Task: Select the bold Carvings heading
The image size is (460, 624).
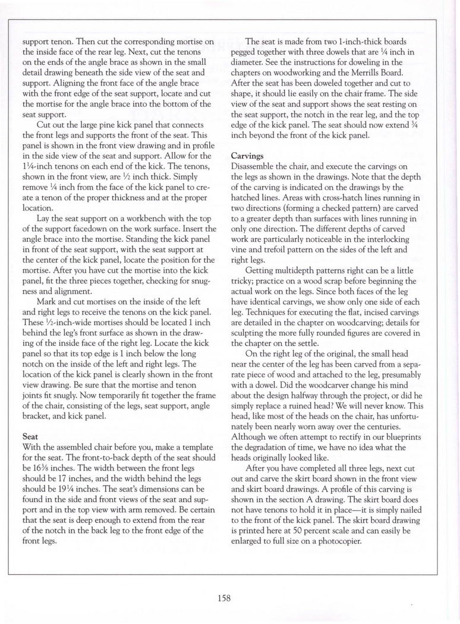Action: [247, 155]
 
